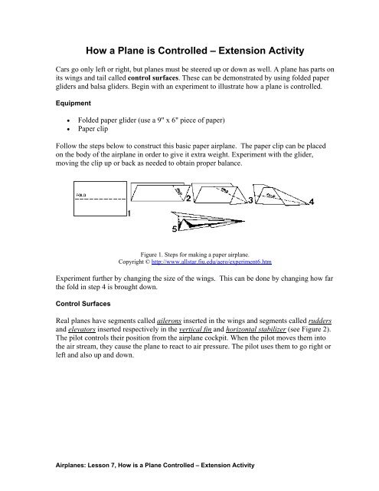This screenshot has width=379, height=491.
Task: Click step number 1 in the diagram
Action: pos(129,215)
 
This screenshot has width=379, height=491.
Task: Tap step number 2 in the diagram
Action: pos(188,197)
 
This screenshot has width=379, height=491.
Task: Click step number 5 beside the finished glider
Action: pos(175,228)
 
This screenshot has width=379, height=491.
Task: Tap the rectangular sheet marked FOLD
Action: pos(99,196)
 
